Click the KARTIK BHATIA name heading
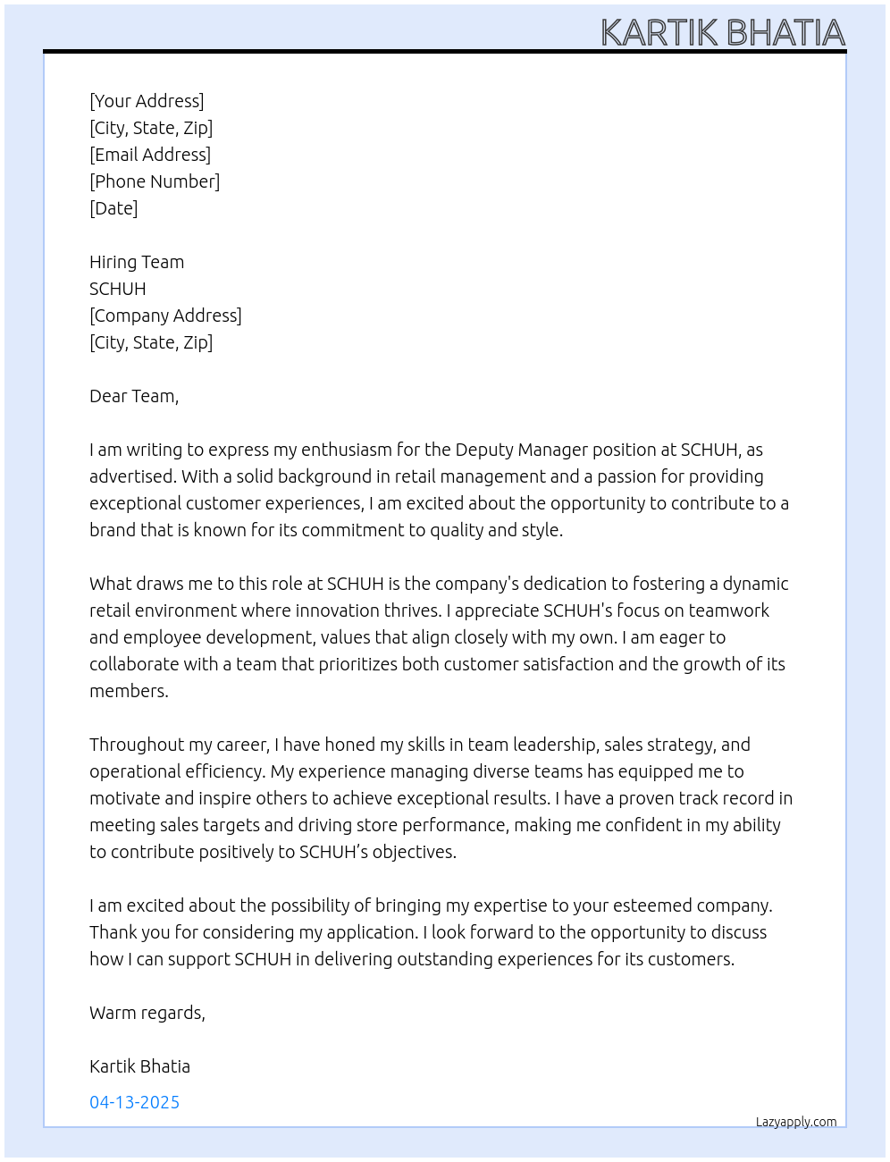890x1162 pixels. (x=722, y=32)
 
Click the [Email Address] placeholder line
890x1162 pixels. (x=150, y=155)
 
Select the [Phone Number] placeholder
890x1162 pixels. (x=155, y=181)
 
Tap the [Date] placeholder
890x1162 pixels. (x=113, y=208)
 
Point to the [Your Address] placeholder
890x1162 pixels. (x=147, y=101)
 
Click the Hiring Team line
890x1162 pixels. (x=137, y=262)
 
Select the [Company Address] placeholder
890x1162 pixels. (x=165, y=316)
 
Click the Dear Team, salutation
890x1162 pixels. (x=134, y=396)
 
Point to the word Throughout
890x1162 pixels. (x=137, y=745)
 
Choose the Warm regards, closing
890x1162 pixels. (x=147, y=1013)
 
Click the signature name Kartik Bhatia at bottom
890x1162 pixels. (x=139, y=1066)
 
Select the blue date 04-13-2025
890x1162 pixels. (x=134, y=1102)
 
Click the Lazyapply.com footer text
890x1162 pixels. (x=795, y=1122)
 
